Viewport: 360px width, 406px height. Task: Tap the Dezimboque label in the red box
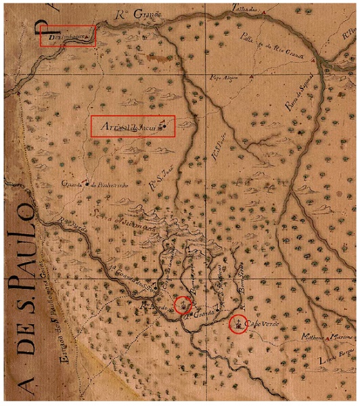[66, 37]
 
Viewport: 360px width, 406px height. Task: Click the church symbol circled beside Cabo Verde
[238, 325]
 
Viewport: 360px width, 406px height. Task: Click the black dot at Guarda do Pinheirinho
[87, 183]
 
